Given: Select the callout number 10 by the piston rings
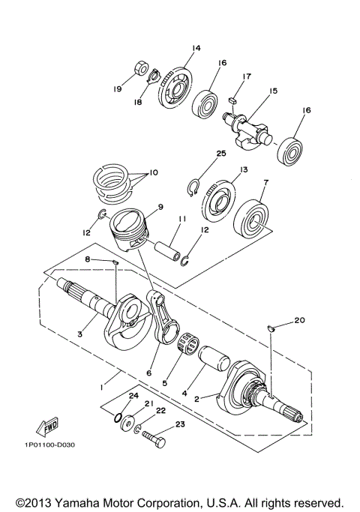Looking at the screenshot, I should click(x=154, y=172).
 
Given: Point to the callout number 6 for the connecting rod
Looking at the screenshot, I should click(x=149, y=373).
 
